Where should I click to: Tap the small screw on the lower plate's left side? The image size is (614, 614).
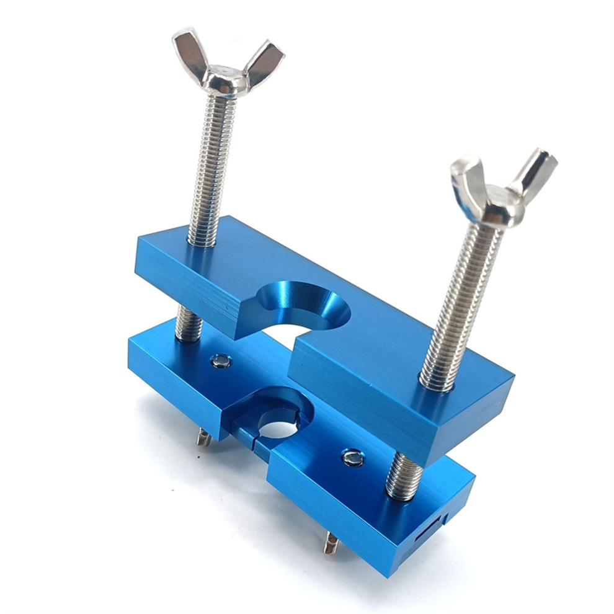220,360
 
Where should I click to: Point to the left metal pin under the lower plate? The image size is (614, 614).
203,438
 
